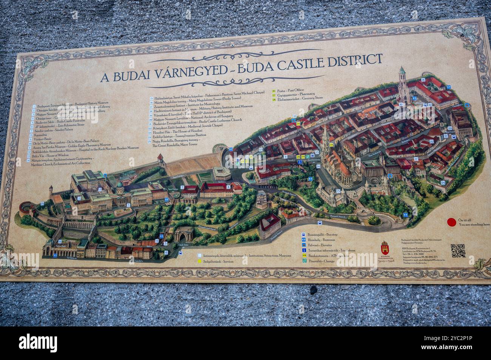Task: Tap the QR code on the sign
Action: point(458,251)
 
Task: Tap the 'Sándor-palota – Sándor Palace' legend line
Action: point(53,129)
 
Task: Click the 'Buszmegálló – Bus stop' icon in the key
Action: point(303,234)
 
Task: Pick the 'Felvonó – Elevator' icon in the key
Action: point(303,245)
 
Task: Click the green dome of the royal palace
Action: point(120,185)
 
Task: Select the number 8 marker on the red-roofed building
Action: point(229,186)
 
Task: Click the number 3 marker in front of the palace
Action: point(128,205)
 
